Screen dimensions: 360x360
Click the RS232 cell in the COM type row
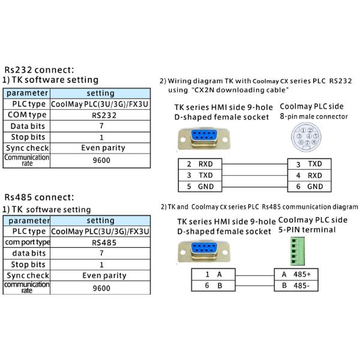(x=101, y=115)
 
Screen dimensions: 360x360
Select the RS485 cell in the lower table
(x=101, y=242)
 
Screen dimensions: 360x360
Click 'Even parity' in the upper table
(x=101, y=148)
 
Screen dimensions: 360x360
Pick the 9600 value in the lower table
(x=101, y=288)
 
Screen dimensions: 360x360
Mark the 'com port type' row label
(x=27, y=242)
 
